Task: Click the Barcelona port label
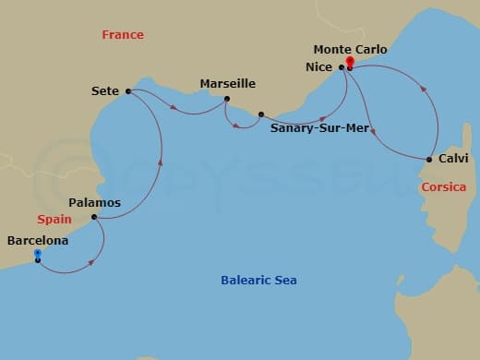click(38, 239)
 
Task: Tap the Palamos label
click(95, 201)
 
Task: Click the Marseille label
click(227, 83)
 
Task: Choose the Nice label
click(318, 66)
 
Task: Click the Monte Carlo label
click(350, 49)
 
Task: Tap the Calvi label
click(453, 158)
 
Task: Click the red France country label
click(123, 34)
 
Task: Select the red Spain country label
click(54, 220)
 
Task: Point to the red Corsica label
click(442, 187)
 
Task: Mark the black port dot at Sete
click(127, 91)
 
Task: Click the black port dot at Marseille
click(227, 99)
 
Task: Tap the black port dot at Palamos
click(94, 218)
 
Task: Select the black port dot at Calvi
click(429, 159)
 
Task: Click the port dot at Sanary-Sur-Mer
click(261, 114)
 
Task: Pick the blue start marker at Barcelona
click(37, 253)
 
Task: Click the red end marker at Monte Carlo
click(349, 62)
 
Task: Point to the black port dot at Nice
click(341, 67)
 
